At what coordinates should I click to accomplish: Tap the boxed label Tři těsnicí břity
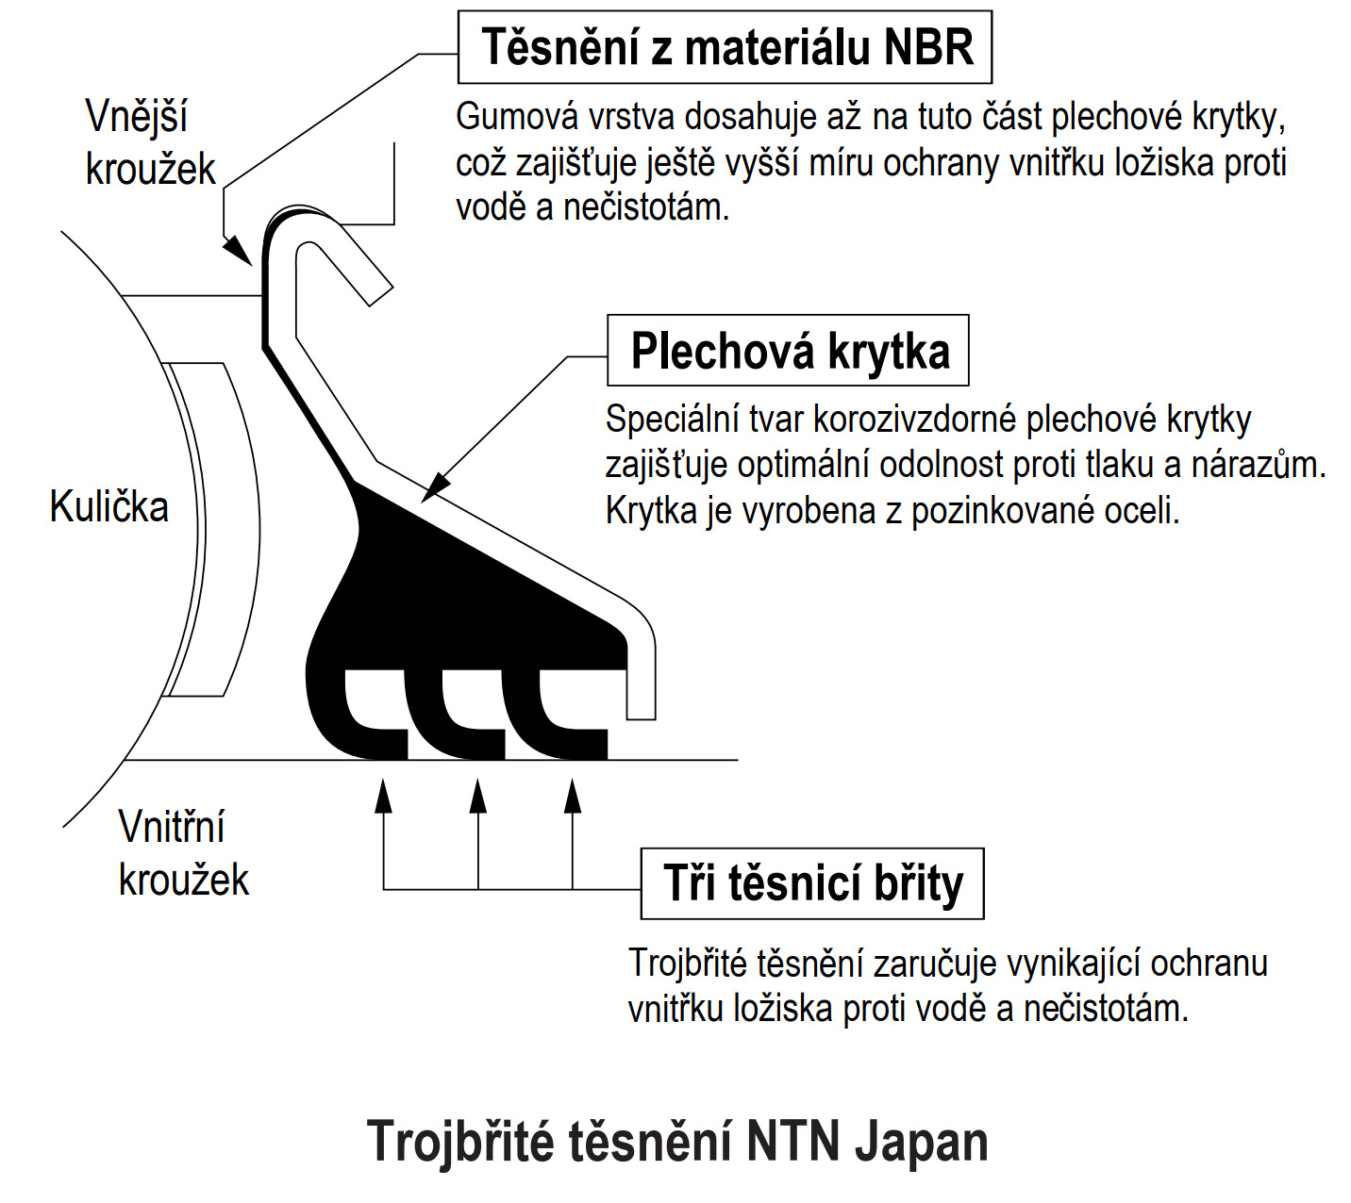pyautogui.click(x=812, y=883)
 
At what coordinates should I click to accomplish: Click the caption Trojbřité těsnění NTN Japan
pyautogui.click(x=676, y=1141)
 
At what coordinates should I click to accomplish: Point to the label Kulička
pyautogui.click(x=108, y=506)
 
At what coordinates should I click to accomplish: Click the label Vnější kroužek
pyautogui.click(x=150, y=142)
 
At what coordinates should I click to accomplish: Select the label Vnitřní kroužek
pyautogui.click(x=183, y=852)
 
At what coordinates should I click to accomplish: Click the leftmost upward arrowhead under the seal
pyautogui.click(x=383, y=796)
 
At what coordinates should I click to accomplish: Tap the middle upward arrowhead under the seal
pyautogui.click(x=477, y=796)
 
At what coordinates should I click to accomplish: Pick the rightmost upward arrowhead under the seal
pyautogui.click(x=572, y=796)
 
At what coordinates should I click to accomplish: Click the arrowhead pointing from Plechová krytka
pyautogui.click(x=436, y=487)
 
